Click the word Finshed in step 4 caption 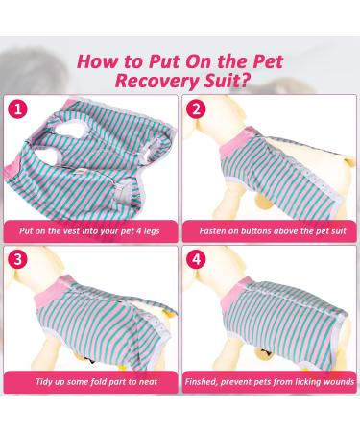pyautogui.click(x=208, y=381)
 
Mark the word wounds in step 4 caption pyautogui.click(x=327, y=381)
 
